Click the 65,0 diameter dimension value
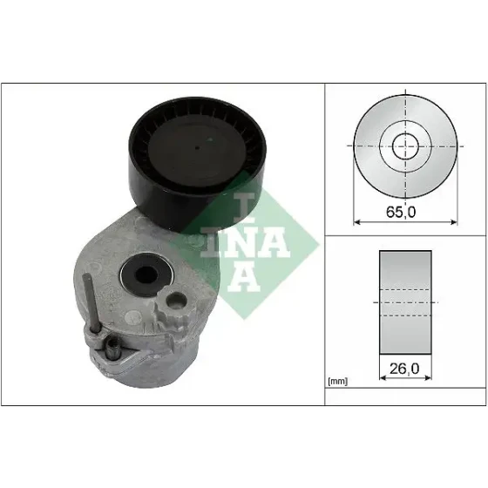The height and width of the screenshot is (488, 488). (401, 213)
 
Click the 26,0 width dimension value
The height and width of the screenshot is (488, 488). (404, 369)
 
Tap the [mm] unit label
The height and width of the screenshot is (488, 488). (337, 381)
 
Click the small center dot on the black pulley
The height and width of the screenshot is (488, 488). (196, 148)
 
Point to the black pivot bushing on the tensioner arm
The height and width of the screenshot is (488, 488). (146, 274)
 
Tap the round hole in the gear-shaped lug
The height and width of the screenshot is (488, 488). (176, 301)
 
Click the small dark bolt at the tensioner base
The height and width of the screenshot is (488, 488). (112, 349)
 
